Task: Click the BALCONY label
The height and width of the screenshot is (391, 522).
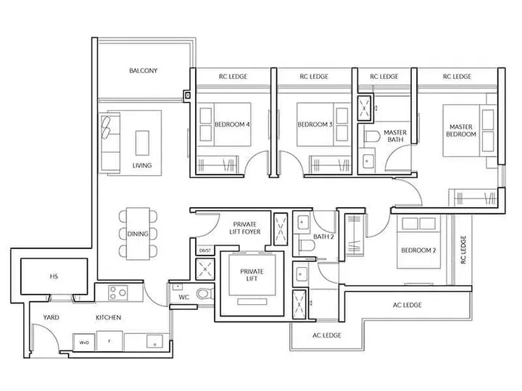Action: (x=143, y=71)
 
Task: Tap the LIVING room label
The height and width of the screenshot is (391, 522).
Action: (x=142, y=166)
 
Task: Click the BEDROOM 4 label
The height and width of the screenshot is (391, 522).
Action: (x=232, y=125)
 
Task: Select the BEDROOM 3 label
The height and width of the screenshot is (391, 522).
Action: (x=315, y=125)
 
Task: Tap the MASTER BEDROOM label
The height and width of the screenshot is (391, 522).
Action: (x=460, y=130)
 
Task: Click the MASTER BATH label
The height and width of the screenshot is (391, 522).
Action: (x=395, y=138)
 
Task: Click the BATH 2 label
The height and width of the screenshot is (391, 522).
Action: (x=323, y=237)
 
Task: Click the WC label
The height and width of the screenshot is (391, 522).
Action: (x=183, y=297)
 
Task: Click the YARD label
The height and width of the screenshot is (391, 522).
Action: (x=51, y=318)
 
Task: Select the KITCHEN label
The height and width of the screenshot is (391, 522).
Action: (x=108, y=318)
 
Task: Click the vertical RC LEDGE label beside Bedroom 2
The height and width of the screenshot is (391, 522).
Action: (x=464, y=251)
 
